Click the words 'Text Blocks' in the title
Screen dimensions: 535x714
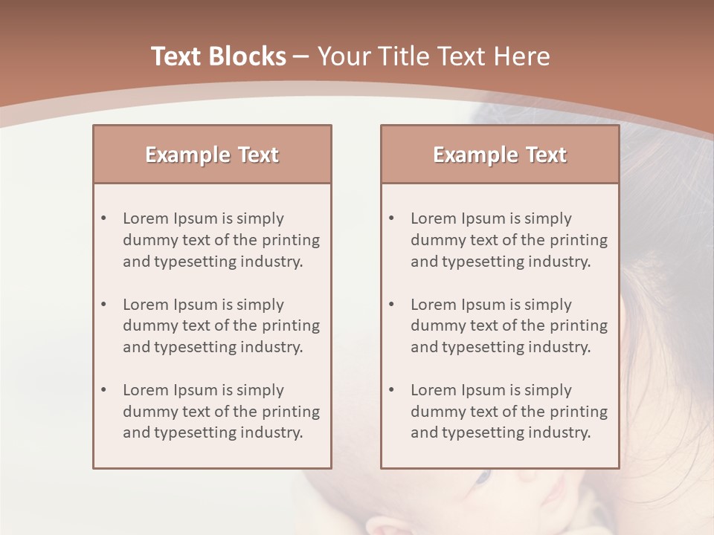218,56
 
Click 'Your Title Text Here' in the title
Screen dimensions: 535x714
434,56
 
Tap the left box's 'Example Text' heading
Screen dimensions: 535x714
212,155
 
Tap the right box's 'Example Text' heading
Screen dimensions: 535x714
500,155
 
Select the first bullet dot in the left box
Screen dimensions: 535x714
104,218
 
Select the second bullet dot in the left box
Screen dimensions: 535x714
104,305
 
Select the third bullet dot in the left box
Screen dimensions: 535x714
104,390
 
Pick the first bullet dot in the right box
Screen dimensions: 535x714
392,218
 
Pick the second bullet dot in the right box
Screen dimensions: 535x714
392,305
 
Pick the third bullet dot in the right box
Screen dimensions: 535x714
392,390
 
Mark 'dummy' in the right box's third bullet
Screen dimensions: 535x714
435,412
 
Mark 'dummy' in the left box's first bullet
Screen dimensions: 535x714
147,240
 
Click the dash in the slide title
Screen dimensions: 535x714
301,57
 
